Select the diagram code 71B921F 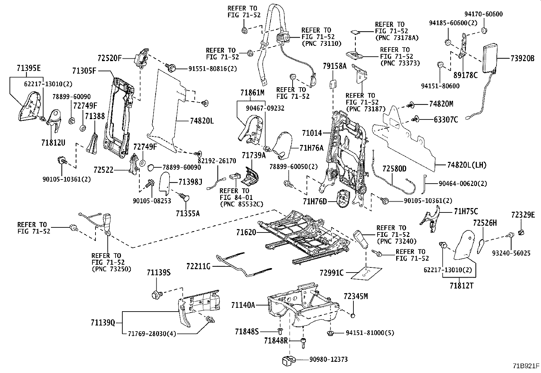[526, 366]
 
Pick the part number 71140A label [243, 305]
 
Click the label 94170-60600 [484, 14]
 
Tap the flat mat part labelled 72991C [366, 273]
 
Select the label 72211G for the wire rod [199, 266]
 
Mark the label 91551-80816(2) [213, 69]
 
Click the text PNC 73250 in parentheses [111, 269]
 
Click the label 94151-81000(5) [370, 333]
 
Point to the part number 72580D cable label [394, 169]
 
